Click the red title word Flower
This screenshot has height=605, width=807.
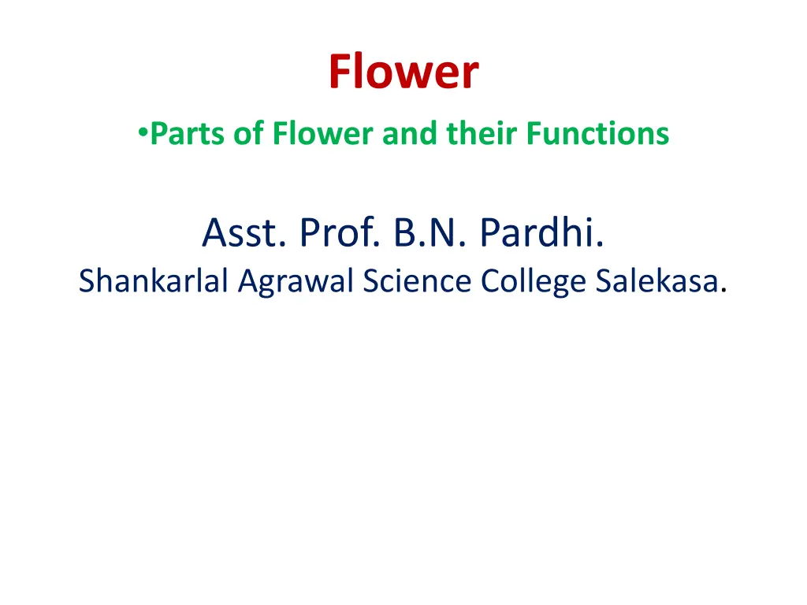point(403,72)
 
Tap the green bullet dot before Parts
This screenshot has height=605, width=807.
point(143,132)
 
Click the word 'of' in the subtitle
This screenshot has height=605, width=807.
point(249,133)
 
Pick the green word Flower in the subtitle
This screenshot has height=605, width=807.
point(322,133)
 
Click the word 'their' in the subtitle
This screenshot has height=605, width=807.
point(482,133)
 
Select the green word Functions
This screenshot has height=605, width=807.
point(597,133)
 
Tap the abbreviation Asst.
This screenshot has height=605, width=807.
point(244,232)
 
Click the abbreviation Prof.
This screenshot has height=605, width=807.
point(340,232)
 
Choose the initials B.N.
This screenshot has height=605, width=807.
point(430,232)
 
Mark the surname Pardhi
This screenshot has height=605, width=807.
point(542,232)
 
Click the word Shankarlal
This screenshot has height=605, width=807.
point(154,280)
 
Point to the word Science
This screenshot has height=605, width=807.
point(417,280)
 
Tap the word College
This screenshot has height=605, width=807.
point(534,282)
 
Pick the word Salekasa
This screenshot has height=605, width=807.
point(657,280)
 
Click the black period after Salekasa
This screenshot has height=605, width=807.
point(723,291)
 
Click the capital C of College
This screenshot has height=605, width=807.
point(491,281)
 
